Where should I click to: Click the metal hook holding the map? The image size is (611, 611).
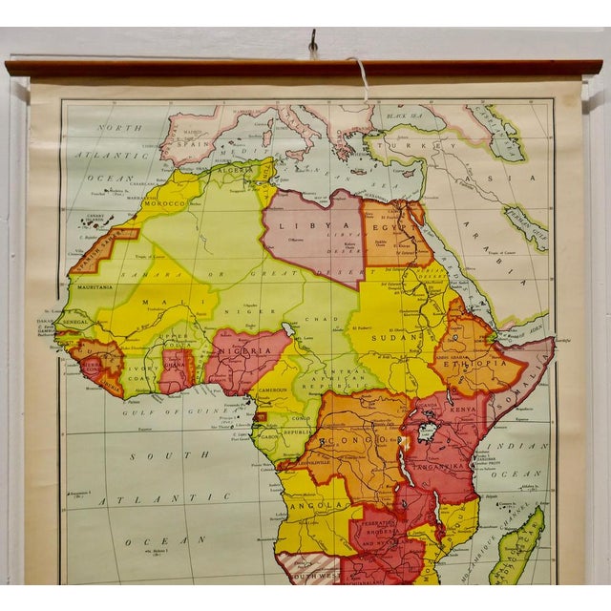click(x=312, y=43)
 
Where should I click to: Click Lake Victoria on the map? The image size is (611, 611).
click(x=427, y=432)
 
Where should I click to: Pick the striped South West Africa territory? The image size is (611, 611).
click(x=308, y=569)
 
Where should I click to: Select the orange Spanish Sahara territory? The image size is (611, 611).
click(x=96, y=251)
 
